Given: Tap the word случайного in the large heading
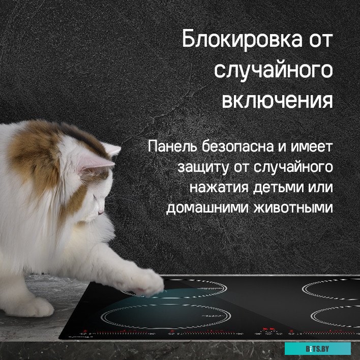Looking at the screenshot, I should point(273,70).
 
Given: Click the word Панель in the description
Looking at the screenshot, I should point(171,147).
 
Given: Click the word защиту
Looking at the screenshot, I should point(202,167).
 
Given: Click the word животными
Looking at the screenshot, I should point(295,208).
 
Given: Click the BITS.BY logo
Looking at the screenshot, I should point(317,348).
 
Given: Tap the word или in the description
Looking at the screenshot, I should point(320,188).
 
